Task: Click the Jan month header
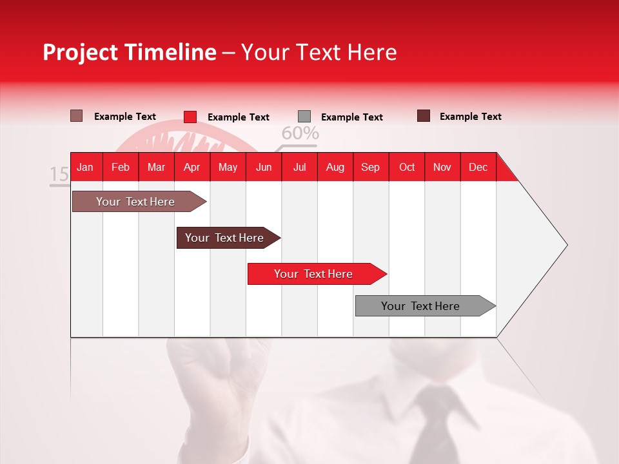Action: pyautogui.click(x=85, y=167)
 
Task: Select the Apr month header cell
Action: pyautogui.click(x=192, y=167)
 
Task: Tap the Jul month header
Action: pyautogui.click(x=299, y=167)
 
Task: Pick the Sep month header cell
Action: pyautogui.click(x=370, y=167)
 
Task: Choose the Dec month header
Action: pyautogui.click(x=478, y=167)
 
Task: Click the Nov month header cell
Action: pyautogui.click(x=442, y=167)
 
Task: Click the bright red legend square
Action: pyautogui.click(x=190, y=117)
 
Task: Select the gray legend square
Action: pyautogui.click(x=304, y=117)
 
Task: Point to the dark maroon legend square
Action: pyautogui.click(x=424, y=116)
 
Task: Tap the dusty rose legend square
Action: pyautogui.click(x=77, y=116)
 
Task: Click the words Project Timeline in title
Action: pyautogui.click(x=129, y=52)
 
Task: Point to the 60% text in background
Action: pyautogui.click(x=300, y=133)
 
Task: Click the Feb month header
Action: pyautogui.click(x=121, y=167)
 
